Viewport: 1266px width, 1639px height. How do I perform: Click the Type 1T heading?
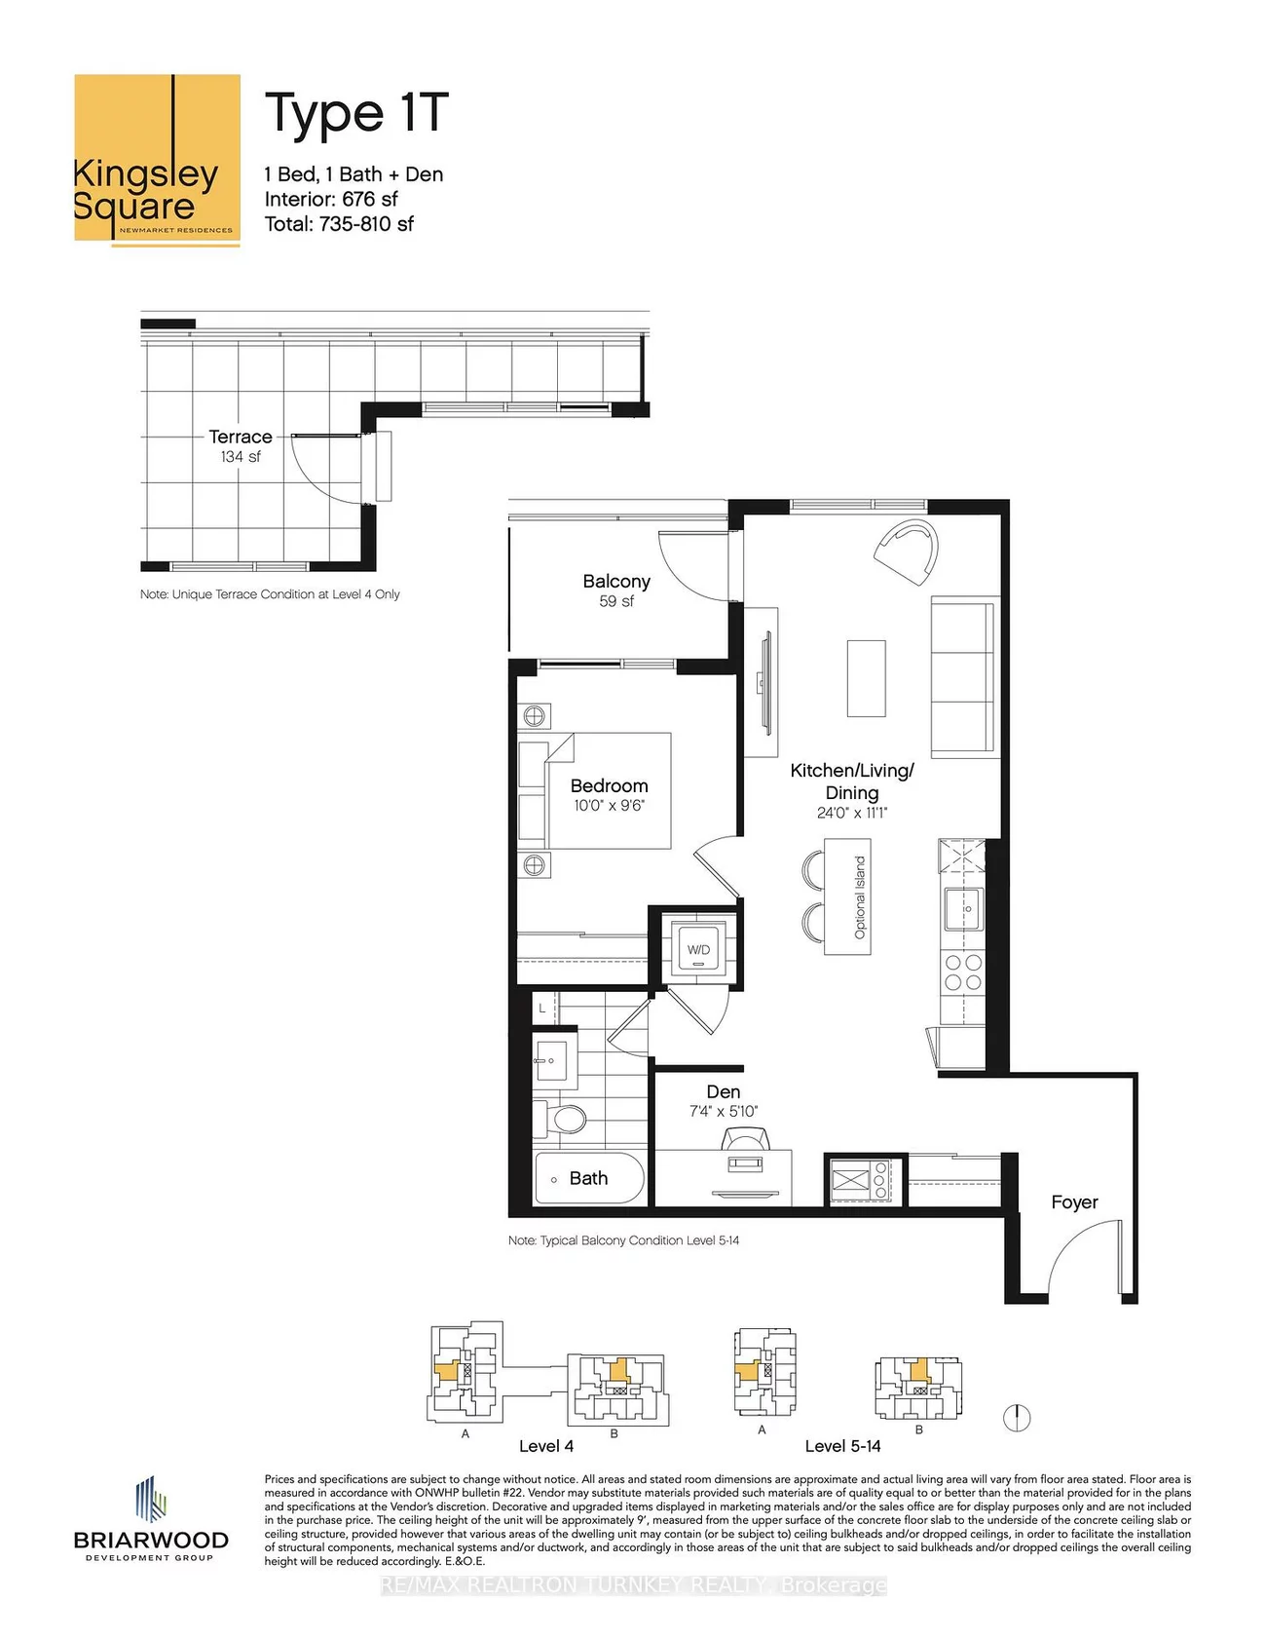click(x=356, y=114)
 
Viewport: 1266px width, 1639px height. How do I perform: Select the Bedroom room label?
click(x=609, y=785)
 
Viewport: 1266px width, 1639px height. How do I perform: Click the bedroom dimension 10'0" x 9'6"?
click(x=609, y=806)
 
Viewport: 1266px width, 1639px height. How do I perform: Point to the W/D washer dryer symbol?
click(x=698, y=949)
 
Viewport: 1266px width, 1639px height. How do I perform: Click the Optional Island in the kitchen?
click(x=848, y=896)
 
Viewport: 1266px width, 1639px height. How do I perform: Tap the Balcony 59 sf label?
click(x=615, y=590)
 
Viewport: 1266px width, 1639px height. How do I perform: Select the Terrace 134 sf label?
click(x=240, y=445)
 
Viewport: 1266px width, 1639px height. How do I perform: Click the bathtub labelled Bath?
click(x=589, y=1178)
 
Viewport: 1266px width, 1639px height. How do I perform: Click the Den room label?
click(x=723, y=1092)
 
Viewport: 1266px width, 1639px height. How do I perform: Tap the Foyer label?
click(x=1074, y=1202)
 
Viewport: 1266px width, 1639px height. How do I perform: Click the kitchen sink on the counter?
click(x=963, y=909)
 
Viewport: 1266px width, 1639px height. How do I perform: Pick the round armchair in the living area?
click(x=908, y=552)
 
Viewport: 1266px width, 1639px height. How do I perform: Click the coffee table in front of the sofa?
click(x=866, y=678)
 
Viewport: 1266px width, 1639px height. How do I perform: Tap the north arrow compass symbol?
click(x=1017, y=1417)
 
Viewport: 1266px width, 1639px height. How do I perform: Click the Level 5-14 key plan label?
click(x=842, y=1446)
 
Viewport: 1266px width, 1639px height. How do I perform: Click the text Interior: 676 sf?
click(x=331, y=199)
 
